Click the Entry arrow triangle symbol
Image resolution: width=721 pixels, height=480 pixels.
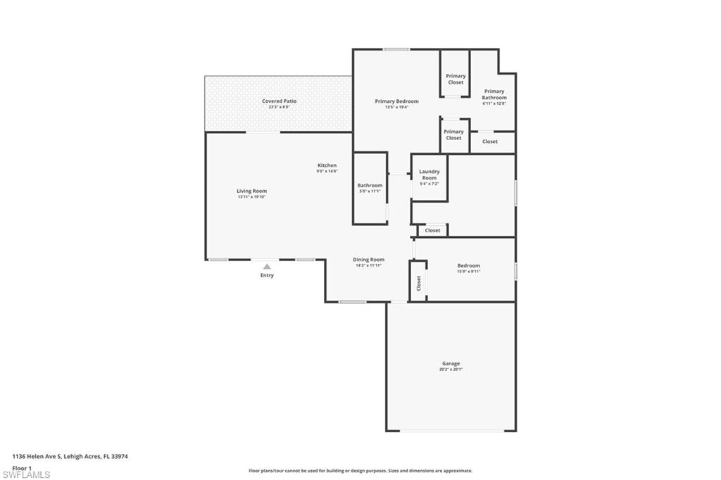click(267, 266)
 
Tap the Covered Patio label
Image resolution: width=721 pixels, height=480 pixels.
click(280, 101)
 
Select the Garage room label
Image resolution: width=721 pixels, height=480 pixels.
click(451, 364)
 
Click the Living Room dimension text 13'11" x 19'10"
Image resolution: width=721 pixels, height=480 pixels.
click(251, 197)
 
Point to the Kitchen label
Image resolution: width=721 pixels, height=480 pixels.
click(327, 165)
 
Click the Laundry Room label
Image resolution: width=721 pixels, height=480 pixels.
click(430, 175)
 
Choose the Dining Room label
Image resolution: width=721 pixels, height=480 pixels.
click(368, 260)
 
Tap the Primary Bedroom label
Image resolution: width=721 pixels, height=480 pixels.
click(396, 101)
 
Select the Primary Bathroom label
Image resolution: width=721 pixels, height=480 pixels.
click(494, 94)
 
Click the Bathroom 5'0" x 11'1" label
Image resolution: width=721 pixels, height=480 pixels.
click(370, 186)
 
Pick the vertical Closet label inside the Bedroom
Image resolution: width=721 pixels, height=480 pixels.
click(418, 283)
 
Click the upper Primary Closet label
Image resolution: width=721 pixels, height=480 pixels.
click(456, 79)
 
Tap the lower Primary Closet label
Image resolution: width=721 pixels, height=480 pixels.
click(453, 134)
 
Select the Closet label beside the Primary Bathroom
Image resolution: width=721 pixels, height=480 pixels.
click(490, 141)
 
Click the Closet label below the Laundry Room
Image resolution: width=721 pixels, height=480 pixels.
click(432, 230)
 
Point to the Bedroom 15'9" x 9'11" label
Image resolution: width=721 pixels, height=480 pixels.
click(468, 266)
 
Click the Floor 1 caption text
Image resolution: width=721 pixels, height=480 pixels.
click(23, 467)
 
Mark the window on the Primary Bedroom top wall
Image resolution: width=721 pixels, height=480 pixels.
click(396, 49)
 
